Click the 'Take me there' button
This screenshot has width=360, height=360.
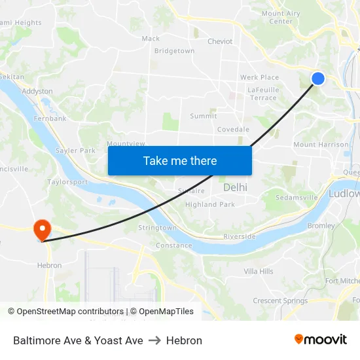(x=180, y=160)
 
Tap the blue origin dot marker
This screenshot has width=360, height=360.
(x=317, y=79)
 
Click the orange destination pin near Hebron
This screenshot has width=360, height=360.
(x=43, y=229)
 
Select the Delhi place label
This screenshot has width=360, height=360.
(x=236, y=187)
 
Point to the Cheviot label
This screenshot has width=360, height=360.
(x=220, y=41)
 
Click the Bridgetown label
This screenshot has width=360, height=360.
(x=174, y=51)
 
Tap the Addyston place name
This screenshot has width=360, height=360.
(x=37, y=92)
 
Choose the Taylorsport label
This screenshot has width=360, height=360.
(x=67, y=182)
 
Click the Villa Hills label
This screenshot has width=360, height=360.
(x=259, y=271)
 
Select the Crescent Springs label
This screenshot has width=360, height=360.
(x=280, y=301)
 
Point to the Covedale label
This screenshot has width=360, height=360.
(x=233, y=130)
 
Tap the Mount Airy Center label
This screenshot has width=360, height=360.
(x=281, y=17)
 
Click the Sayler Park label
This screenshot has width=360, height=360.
(x=75, y=151)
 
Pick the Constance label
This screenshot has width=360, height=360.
(x=174, y=245)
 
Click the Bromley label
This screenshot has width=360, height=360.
(x=321, y=226)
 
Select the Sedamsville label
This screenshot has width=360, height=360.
(x=297, y=197)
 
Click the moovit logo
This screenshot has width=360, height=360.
(x=321, y=340)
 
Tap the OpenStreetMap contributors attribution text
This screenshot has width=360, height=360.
(x=69, y=312)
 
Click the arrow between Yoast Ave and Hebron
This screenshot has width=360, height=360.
(x=154, y=340)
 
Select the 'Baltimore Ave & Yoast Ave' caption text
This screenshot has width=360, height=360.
(x=78, y=340)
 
